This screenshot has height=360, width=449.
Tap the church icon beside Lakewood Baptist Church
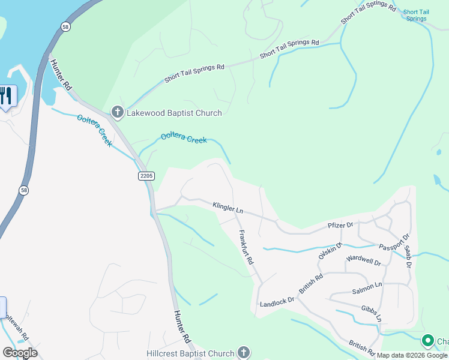[117, 112]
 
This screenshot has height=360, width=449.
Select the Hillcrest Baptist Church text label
[191, 353]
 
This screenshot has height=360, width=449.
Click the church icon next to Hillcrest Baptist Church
[243, 353]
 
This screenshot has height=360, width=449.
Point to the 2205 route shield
[146, 176]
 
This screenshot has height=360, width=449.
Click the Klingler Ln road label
[228, 208]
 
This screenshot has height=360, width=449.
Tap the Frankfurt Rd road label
[246, 248]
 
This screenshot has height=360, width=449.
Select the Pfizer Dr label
[340, 225]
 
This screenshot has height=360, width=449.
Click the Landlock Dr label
[277, 302]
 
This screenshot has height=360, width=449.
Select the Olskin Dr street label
[330, 250]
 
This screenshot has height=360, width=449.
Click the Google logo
[20, 353]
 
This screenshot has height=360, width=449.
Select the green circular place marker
[427, 341]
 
